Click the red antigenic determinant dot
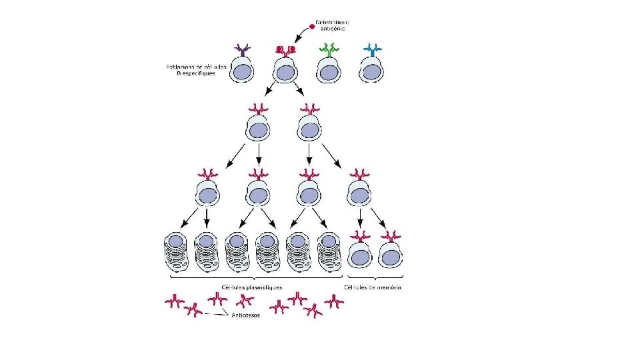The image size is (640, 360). click(x=311, y=27)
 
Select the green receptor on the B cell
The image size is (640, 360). click(x=329, y=49)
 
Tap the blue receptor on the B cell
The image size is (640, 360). click(x=373, y=49)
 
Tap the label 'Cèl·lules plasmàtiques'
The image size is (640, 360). click(x=251, y=287)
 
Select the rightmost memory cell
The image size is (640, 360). click(x=391, y=253)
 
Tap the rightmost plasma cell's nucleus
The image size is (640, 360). click(x=327, y=241)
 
